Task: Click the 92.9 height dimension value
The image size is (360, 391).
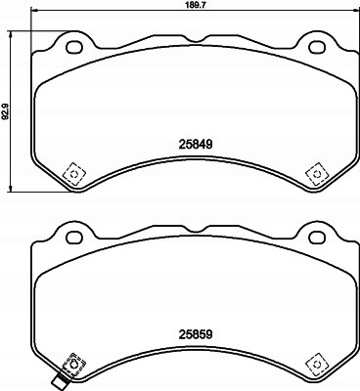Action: click(x=6, y=110)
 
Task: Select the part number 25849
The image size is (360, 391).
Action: click(x=196, y=144)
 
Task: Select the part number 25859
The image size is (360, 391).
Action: click(x=196, y=334)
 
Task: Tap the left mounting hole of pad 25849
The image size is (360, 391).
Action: click(x=73, y=47)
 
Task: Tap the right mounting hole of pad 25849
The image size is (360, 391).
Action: click(x=317, y=47)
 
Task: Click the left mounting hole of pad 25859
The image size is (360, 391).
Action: click(x=73, y=237)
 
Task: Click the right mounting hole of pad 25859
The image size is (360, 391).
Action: click(x=317, y=237)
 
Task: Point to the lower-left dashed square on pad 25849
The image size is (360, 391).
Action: click(x=73, y=174)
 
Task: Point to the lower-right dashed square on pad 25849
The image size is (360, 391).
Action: click(x=317, y=174)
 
